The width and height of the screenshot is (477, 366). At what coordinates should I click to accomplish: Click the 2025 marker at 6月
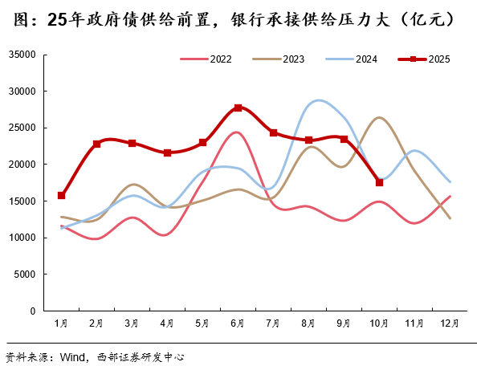[x=238, y=108]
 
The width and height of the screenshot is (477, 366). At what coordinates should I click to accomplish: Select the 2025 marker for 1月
[x=61, y=195]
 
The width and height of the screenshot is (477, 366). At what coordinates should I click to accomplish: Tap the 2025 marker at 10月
[x=379, y=182]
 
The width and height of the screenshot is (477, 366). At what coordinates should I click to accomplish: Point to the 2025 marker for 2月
[x=96, y=144]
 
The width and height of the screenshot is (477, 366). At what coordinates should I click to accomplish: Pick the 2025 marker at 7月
[x=273, y=132]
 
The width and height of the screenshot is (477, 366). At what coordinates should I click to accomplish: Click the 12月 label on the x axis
[x=450, y=323]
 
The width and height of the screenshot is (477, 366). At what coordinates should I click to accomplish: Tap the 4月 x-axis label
[x=167, y=323]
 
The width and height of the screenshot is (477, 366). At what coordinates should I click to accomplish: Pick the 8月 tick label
[x=308, y=323]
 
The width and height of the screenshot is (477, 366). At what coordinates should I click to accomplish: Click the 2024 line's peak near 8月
[x=320, y=100]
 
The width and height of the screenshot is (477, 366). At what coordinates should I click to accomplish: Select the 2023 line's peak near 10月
[x=379, y=118]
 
